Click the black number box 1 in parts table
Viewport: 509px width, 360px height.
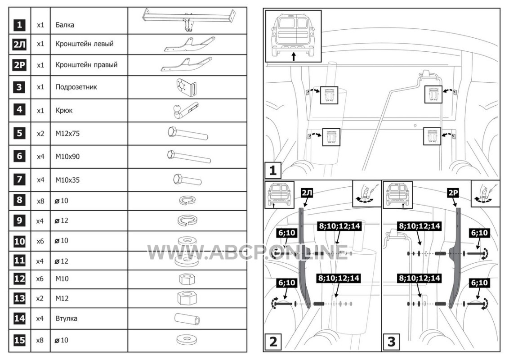click(x=19, y=25)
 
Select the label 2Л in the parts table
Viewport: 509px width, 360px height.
click(x=19, y=45)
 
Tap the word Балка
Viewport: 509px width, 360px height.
click(x=65, y=25)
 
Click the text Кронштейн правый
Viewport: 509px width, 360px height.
click(x=86, y=65)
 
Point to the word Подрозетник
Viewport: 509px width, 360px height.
click(x=76, y=87)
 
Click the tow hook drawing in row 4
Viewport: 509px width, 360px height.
click(x=184, y=110)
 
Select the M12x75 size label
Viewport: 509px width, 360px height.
click(x=67, y=134)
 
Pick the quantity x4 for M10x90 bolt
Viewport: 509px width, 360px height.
click(x=40, y=157)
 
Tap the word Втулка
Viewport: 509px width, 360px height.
click(x=66, y=319)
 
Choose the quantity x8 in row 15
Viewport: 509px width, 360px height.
click(x=40, y=340)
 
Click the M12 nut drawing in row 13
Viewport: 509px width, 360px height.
click(x=188, y=297)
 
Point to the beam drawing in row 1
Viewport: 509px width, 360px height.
click(x=189, y=20)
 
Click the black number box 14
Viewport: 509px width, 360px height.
click(x=19, y=319)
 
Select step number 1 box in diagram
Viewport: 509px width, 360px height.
click(x=272, y=170)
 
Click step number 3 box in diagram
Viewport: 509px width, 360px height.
click(x=392, y=342)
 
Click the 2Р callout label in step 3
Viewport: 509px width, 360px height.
click(x=453, y=193)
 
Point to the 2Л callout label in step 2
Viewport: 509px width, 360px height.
click(x=307, y=193)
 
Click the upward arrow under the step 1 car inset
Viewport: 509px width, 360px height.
click(x=294, y=57)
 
